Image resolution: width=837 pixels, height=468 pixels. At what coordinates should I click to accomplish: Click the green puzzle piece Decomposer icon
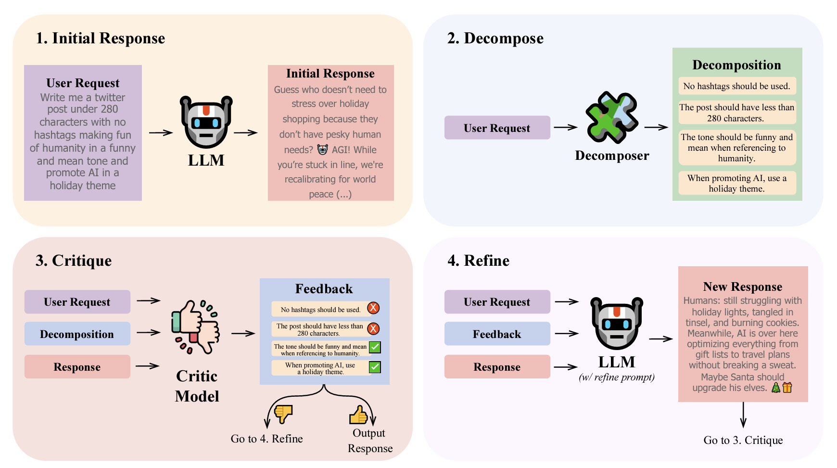tap(611, 117)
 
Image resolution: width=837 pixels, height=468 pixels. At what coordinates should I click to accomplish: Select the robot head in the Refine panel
tap(617, 324)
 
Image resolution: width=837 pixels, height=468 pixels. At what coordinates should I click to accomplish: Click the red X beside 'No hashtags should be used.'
tap(373, 308)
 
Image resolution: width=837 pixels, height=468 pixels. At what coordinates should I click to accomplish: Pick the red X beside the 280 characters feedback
tap(373, 329)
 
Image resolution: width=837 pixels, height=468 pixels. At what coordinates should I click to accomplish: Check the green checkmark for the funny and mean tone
tap(375, 347)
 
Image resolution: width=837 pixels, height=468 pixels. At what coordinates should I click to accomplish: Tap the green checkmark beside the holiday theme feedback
tap(375, 367)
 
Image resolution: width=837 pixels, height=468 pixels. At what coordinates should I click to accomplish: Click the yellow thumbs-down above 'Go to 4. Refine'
tap(283, 413)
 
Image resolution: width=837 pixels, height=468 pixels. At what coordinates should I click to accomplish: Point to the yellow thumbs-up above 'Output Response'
tap(358, 414)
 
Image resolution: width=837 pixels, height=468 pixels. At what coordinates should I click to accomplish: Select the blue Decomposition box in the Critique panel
tap(77, 334)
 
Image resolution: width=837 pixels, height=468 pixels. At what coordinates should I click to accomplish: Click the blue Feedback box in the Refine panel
tap(497, 334)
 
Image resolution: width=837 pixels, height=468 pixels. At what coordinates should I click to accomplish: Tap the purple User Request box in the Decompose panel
tap(497, 128)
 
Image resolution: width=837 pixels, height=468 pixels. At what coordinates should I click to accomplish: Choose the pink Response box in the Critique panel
tap(77, 367)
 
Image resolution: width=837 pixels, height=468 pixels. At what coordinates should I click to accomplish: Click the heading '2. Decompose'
tap(495, 39)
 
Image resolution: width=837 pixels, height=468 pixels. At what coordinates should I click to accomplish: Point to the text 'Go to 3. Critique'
tap(743, 440)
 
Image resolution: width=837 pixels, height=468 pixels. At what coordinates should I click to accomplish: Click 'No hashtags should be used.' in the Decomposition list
tap(737, 86)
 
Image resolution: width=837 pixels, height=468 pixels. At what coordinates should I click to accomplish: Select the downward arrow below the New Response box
tap(743, 415)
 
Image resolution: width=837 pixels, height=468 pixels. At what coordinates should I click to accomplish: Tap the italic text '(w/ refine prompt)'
tap(617, 377)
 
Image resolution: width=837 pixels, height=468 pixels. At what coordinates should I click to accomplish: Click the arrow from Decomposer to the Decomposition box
tap(656, 128)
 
